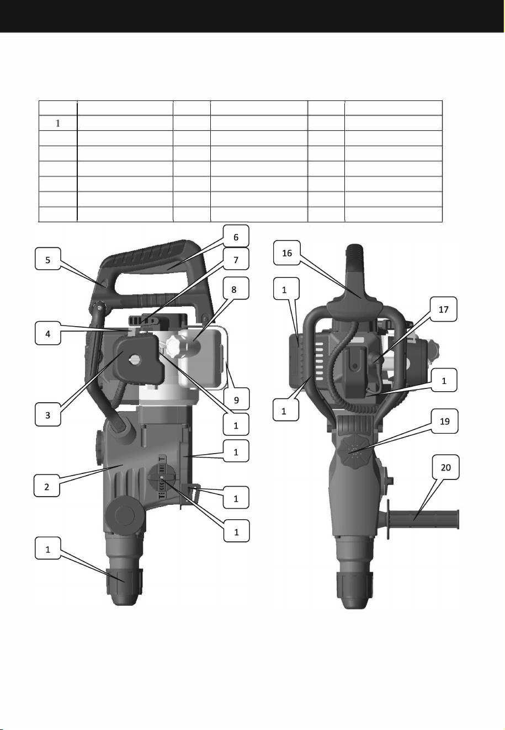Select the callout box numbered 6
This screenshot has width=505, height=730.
pos(236,236)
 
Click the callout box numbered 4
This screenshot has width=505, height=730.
pos(47,333)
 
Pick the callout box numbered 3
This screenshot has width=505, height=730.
pos(47,414)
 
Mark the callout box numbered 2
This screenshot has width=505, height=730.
pos(46,486)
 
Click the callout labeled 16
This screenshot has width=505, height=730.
pos(286,253)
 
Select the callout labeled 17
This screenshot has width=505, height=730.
pos(443,308)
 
